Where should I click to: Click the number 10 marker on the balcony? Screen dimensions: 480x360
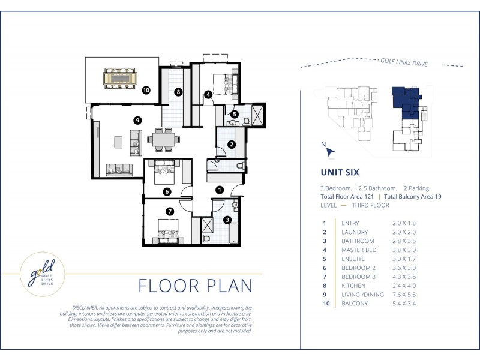tap(146, 90)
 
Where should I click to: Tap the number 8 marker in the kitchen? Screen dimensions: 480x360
tap(178, 92)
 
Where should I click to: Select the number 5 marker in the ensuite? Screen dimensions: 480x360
tap(234, 114)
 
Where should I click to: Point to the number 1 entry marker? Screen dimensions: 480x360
tap(220, 190)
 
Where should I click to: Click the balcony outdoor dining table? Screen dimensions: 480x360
tap(121, 79)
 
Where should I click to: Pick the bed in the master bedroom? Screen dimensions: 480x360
tap(225, 84)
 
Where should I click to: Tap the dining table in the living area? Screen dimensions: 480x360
tap(163, 140)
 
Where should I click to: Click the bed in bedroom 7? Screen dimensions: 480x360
tap(168, 231)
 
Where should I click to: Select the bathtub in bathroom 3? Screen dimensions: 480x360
tap(233, 233)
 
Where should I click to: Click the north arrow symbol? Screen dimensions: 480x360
tap(330, 152)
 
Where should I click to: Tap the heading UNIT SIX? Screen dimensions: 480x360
tap(340, 172)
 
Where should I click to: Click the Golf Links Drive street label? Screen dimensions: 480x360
tap(404, 62)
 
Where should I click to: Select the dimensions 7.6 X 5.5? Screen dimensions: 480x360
tap(404, 295)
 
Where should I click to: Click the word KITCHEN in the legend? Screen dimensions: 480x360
tap(353, 286)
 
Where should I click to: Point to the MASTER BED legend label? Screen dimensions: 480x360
tap(359, 250)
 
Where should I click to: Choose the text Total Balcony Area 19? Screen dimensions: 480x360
tap(413, 197)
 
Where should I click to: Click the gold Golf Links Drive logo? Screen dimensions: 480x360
tap(42, 274)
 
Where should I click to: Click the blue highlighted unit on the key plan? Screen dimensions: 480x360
tap(406, 103)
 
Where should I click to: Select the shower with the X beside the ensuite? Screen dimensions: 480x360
tap(257, 115)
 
